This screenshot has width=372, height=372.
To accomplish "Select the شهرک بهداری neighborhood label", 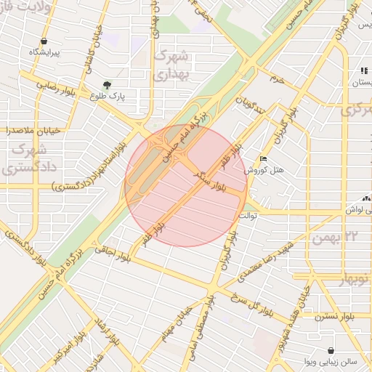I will click(171, 65).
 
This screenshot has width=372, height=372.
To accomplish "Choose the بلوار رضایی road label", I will click(44, 84).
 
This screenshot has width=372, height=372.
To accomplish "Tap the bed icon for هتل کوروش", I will click(263, 158).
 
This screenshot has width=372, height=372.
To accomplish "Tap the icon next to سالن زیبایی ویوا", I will click(331, 350).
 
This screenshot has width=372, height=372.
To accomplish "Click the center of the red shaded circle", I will click(187, 186).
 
